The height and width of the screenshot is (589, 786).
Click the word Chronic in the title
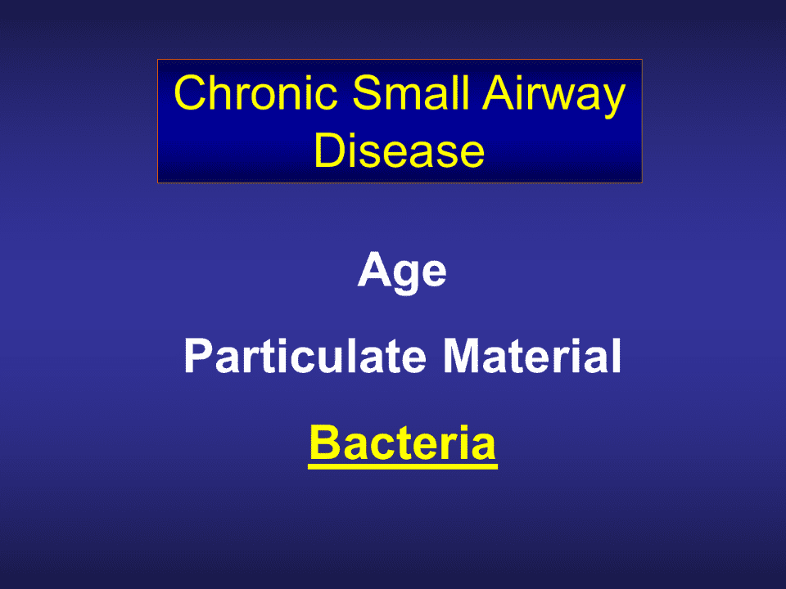click(x=255, y=92)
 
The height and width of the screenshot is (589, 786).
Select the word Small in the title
click(x=411, y=92)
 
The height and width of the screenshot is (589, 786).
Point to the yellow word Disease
click(x=400, y=151)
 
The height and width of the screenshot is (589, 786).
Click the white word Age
click(x=402, y=272)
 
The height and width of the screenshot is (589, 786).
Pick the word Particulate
click(x=305, y=356)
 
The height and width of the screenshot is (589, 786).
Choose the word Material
click(x=532, y=356)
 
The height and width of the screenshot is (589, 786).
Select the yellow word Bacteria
click(x=403, y=442)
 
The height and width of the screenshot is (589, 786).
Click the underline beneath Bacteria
click(x=403, y=466)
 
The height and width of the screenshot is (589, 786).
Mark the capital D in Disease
click(x=329, y=151)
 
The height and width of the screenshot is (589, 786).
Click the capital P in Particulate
click(x=199, y=356)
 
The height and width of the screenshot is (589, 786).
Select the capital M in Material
click(x=461, y=356)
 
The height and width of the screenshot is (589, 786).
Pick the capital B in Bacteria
click(x=325, y=442)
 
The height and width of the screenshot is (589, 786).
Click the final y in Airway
click(x=613, y=102)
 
